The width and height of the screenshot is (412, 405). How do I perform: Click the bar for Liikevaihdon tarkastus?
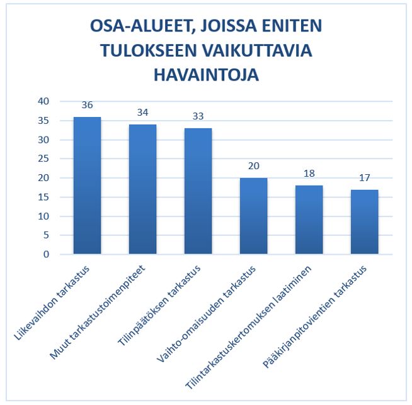pos(87,186)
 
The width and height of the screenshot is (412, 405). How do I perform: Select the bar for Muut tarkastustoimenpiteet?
pos(142,189)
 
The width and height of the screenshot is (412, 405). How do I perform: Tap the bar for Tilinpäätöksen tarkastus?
pos(198,191)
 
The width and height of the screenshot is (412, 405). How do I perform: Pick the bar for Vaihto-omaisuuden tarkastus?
pos(253,216)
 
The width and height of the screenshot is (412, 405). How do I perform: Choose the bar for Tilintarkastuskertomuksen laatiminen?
pos(309,220)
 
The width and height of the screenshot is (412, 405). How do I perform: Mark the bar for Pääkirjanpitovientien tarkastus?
pos(364,222)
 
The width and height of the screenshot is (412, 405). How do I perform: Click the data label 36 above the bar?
pos(87,106)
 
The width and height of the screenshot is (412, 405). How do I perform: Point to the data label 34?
pos(142,113)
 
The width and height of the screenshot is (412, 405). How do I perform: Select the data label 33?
pos(198,117)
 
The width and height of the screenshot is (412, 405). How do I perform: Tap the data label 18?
pos(309,174)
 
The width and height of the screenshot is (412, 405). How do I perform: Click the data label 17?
pos(364,178)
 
